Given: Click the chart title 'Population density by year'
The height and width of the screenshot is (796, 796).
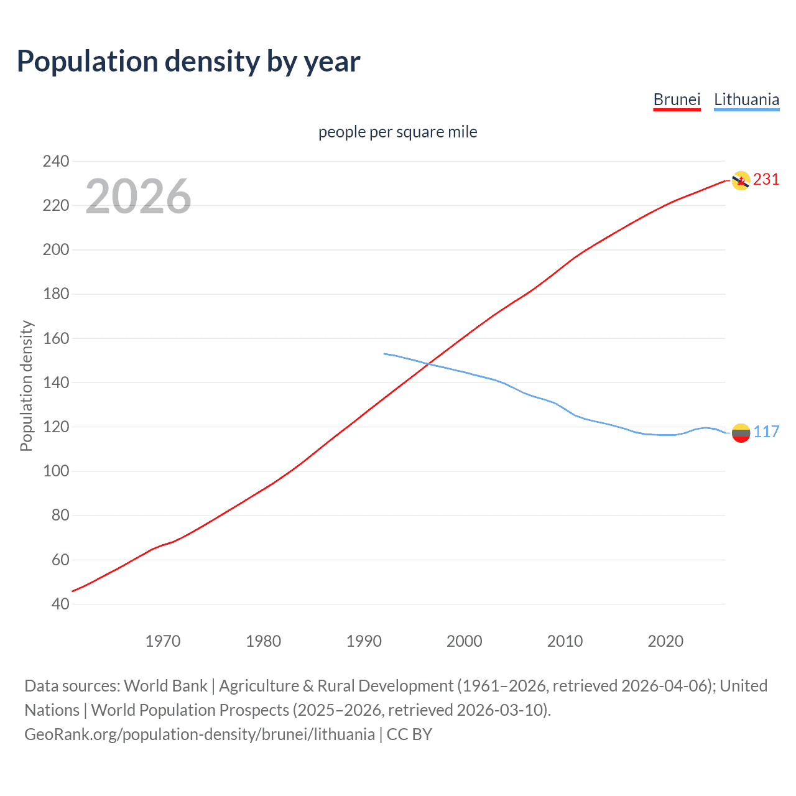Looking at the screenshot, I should coord(188,62).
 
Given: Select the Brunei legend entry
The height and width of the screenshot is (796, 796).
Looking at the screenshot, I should coord(677,99).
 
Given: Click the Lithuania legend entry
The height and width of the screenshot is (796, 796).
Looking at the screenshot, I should coord(746,99).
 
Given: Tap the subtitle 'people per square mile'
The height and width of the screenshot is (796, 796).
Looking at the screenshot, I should coord(397,132).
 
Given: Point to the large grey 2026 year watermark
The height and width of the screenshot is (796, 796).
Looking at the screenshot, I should coord(138,197).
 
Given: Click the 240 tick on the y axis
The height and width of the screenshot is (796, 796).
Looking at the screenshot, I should coord(56,161).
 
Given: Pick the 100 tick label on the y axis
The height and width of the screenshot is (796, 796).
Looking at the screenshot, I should coord(56,471).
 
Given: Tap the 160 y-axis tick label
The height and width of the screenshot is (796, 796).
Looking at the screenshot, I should coord(56,338).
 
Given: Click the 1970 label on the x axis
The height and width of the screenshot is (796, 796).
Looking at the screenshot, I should coord(163,641).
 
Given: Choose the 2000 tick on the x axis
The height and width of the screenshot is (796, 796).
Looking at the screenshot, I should coord(465,641).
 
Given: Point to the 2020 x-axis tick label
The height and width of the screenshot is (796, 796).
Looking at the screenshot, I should coord(665,641).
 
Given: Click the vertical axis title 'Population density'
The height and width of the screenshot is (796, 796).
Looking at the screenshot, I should coord(26,386).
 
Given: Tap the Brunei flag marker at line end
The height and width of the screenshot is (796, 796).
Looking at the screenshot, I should coord(740,180).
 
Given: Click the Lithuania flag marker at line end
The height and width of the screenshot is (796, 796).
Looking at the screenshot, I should coord(740,432).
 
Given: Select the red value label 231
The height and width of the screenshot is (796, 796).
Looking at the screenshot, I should coord(766,180).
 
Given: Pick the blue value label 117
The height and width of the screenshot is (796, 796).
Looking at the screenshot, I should coord(766,432).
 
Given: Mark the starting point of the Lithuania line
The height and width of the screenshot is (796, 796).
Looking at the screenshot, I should coord(384,354).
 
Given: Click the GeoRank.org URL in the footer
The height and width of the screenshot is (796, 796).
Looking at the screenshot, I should coord(200,734).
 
